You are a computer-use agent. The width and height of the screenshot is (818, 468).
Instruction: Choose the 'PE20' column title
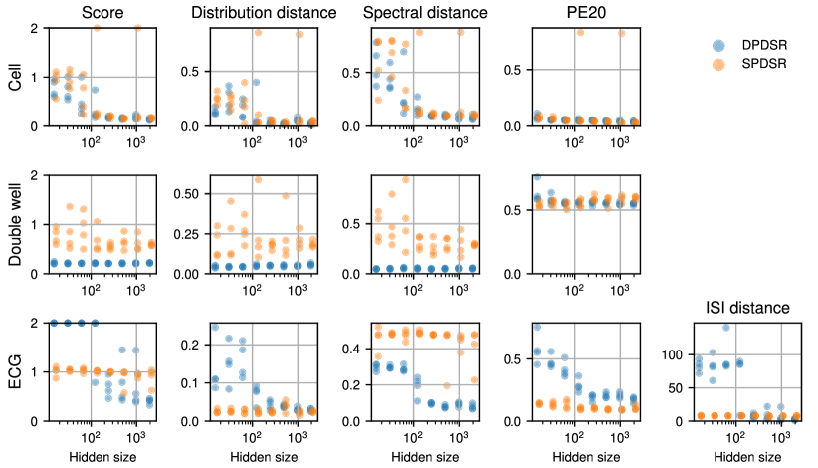pos(579,13)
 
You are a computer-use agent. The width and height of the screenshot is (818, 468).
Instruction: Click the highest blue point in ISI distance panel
pos(726,327)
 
